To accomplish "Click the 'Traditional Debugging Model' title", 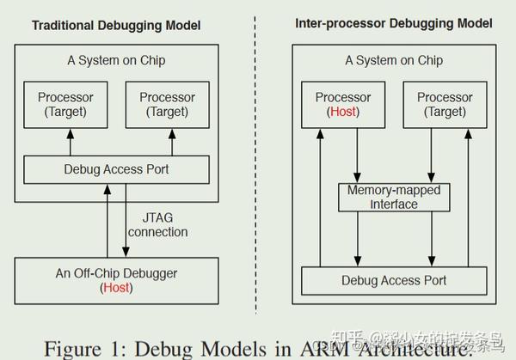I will tap(116, 26).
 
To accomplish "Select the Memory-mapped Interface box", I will tap(394, 198).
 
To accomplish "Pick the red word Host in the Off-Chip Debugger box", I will tap(116, 288).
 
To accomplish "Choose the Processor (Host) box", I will tap(343, 104).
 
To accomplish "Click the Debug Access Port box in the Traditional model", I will tap(116, 169).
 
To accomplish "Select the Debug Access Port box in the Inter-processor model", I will tap(394, 280).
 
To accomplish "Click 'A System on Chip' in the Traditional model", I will tap(116, 60).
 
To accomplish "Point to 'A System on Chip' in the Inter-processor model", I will tap(394, 60).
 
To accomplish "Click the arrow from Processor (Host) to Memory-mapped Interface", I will tap(357, 155).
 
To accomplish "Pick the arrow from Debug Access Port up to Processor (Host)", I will tap(320, 198).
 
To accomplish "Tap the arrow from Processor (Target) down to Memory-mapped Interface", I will tap(431, 155).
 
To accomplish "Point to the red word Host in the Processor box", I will tap(343, 112).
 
